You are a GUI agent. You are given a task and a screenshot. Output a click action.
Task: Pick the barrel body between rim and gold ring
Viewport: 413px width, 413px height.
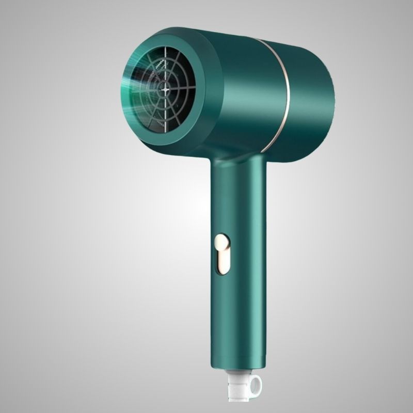pyautogui.click(x=248, y=93)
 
